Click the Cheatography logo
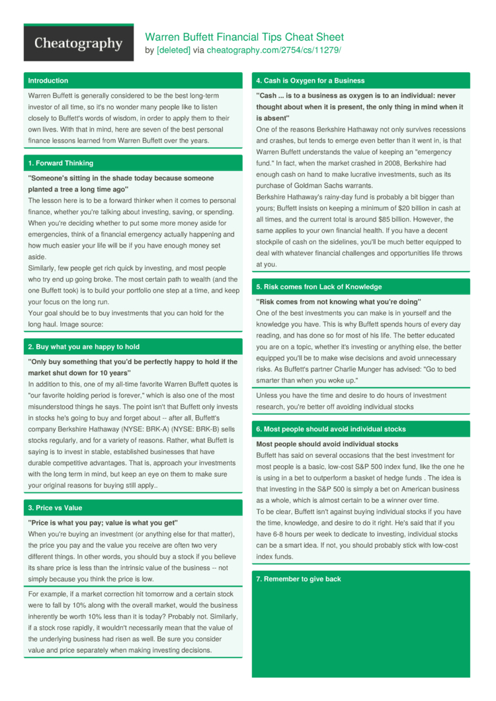coord(78,44)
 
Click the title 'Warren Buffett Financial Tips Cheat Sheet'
coord(244,37)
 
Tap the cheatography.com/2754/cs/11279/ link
coord(274,50)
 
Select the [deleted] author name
coord(173,50)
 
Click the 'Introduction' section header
coord(48,81)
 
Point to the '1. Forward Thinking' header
coord(60,163)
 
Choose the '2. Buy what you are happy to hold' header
coord(83,347)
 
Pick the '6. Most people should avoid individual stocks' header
coord(336,429)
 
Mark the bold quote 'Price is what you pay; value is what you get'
coord(103,522)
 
